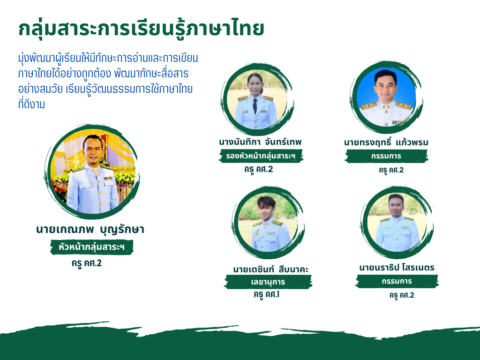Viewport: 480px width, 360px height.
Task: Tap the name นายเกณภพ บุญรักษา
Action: [90, 230]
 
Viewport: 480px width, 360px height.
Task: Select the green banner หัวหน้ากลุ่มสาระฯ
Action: [91, 247]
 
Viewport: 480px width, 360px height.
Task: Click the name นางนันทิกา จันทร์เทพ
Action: [260, 142]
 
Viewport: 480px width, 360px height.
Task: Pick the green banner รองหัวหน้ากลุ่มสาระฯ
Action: [261, 156]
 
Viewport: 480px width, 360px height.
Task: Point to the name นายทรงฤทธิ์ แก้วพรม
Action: [386, 142]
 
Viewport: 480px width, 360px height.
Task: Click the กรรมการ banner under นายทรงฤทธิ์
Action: [386, 156]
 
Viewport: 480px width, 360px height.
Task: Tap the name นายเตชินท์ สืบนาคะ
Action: [270, 270]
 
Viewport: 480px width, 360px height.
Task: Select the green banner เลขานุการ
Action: [268, 282]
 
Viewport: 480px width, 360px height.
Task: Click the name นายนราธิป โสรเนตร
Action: [397, 268]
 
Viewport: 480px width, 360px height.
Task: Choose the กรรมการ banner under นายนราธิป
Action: [397, 281]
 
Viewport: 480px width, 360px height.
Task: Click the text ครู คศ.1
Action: [267, 295]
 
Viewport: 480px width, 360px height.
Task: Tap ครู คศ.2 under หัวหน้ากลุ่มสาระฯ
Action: [87, 263]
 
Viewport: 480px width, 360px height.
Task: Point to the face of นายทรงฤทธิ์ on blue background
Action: [386, 86]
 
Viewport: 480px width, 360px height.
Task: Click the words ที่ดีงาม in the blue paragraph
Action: [31, 105]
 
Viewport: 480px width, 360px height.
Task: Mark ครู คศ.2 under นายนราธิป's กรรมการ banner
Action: [402, 295]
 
